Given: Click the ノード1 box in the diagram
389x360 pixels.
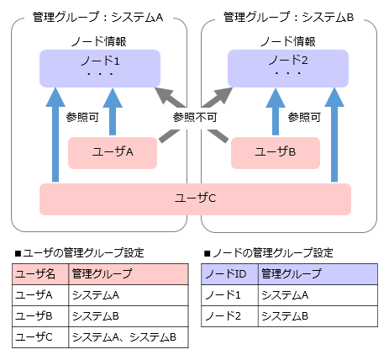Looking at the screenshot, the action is [100, 68].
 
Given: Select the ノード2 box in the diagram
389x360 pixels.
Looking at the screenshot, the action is [288, 68].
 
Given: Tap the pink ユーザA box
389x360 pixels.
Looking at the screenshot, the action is [113, 153].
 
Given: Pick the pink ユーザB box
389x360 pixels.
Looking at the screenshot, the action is [276, 153].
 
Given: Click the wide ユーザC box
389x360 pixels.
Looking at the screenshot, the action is [195, 199].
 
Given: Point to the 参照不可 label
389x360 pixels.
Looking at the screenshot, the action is [195, 117].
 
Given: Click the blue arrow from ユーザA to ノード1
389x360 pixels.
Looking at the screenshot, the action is [113, 112].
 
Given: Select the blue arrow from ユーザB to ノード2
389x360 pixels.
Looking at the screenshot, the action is [276, 112].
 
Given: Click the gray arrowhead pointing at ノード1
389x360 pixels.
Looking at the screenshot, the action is [166, 95].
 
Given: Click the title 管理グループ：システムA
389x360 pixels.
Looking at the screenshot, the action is [98, 18].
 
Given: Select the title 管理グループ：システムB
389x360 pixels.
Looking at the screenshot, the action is [288, 18].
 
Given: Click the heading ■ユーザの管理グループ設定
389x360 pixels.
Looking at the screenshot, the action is [80, 253].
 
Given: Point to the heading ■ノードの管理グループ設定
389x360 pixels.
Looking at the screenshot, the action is [269, 253].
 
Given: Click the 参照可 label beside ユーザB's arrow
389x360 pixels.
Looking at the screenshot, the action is [304, 117].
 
